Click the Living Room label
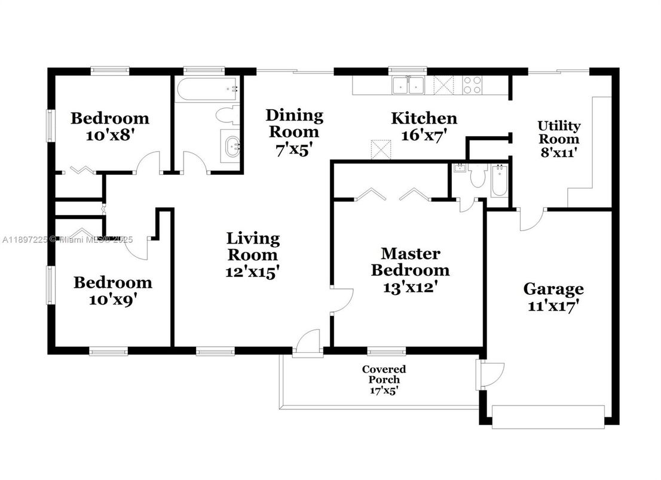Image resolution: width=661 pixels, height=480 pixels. pos(253,247)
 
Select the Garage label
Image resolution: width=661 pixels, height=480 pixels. pos(553,290)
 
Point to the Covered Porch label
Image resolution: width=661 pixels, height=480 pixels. pos(384,374)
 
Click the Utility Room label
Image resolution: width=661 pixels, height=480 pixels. pos(559,133)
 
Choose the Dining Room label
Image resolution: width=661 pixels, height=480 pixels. pos(294,123)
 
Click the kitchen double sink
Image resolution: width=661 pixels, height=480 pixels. pos(408,85)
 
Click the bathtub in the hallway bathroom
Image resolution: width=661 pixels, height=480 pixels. pos(207,89)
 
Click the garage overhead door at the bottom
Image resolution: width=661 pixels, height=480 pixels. pos(548,416)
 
